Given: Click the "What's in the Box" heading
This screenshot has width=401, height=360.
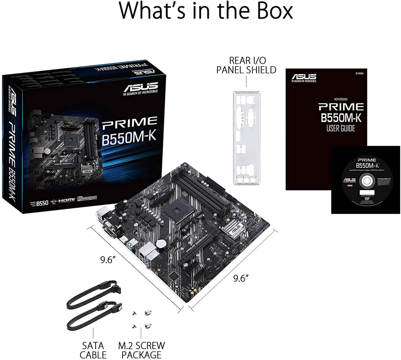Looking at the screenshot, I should point(206,12).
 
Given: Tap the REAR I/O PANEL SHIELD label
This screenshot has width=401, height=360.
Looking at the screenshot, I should point(247,65).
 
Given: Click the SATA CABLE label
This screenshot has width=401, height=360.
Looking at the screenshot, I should point(93,350).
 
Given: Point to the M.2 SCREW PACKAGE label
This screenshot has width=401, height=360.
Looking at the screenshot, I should point(141,350).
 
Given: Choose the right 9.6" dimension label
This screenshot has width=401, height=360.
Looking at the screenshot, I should point(241,278).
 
